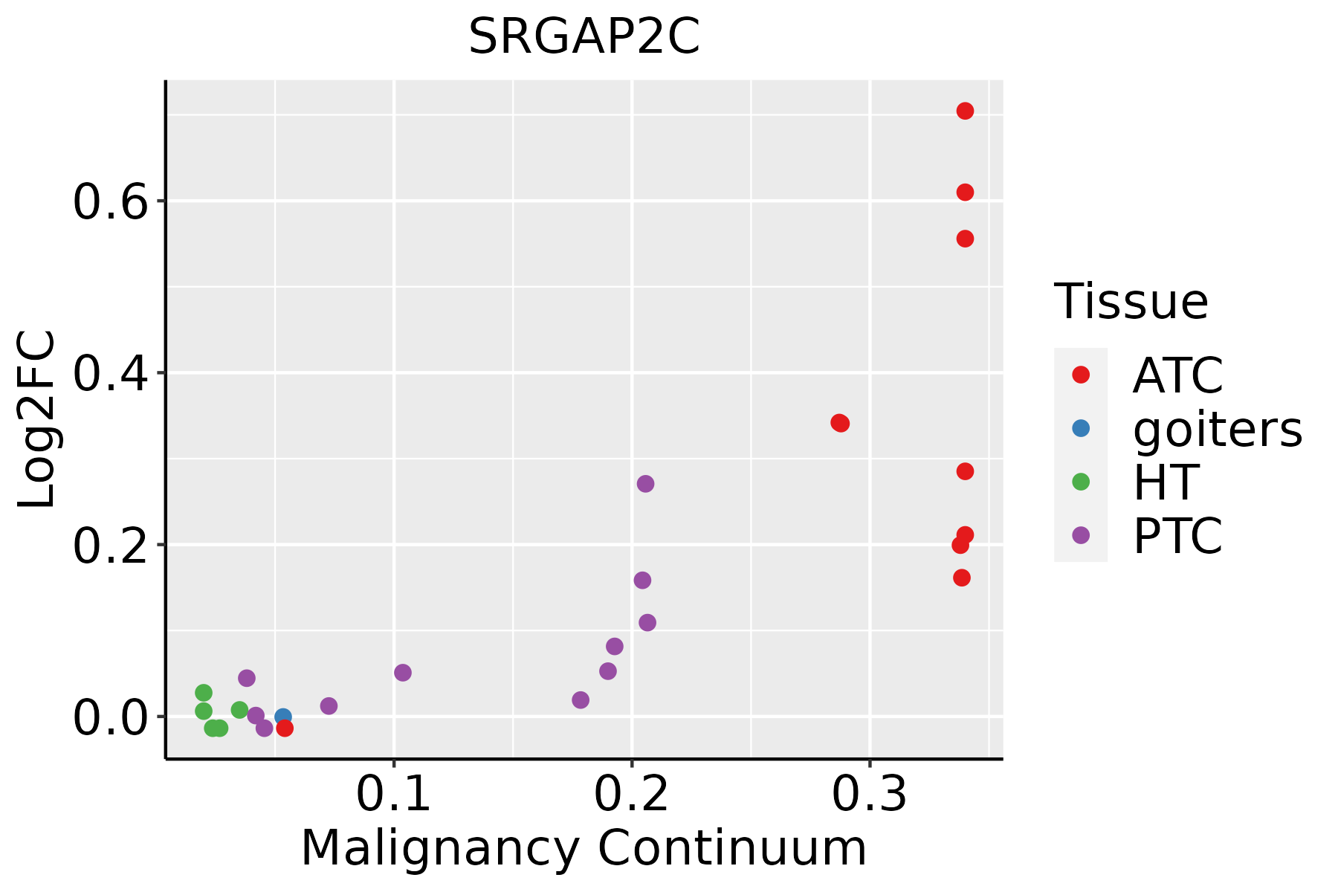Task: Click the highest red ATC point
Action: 965,111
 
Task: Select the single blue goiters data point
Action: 282,717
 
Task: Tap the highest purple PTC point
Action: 645,484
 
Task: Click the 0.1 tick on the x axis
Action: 394,794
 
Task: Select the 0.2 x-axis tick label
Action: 632,794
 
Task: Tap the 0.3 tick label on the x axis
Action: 869,794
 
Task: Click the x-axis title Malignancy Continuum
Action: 584,848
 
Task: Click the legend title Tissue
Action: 1131,302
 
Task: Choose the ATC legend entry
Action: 1177,375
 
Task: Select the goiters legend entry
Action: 1217,429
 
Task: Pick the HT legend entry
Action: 1166,482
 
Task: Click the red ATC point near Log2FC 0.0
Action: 285,728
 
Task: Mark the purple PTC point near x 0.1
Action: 402,673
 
